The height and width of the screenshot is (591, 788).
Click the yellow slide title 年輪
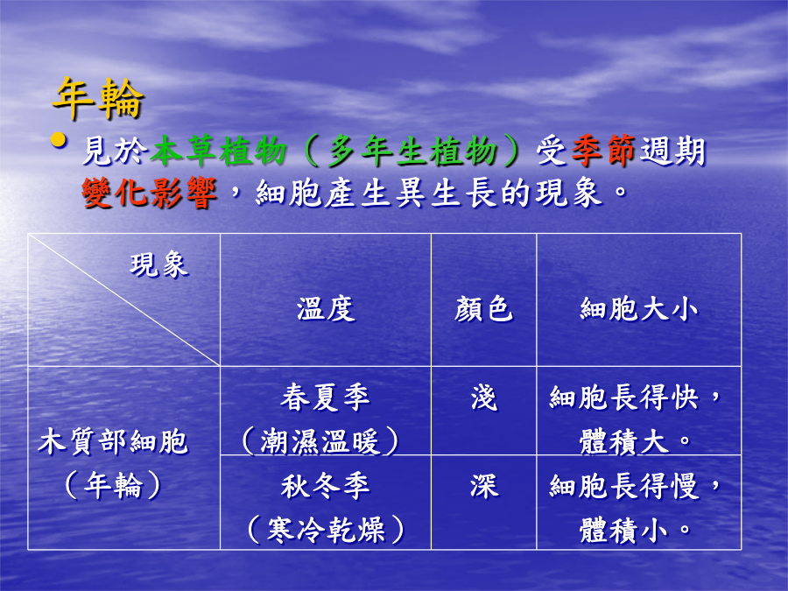(x=98, y=98)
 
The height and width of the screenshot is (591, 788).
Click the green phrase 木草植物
(x=218, y=151)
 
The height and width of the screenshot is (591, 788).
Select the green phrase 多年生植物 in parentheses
(x=412, y=151)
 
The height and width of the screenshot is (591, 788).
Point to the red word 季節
(x=603, y=151)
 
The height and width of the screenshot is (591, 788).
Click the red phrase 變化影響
(x=149, y=193)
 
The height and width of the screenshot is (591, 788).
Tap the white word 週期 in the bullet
(x=672, y=151)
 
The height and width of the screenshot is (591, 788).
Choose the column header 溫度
(x=326, y=309)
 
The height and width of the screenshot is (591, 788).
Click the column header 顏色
(x=483, y=309)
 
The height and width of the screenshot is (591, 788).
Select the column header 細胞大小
(x=639, y=309)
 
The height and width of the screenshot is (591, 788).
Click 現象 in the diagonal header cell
(x=159, y=265)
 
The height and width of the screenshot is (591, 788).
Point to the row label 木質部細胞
(x=113, y=442)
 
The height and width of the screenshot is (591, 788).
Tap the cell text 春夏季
(x=325, y=398)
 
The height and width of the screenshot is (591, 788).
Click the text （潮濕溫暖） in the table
(x=320, y=442)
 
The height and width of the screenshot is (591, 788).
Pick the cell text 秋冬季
(x=325, y=486)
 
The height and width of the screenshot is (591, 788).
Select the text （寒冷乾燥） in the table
(x=326, y=530)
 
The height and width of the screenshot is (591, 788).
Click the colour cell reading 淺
(x=483, y=398)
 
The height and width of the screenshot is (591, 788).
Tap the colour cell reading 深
(x=484, y=486)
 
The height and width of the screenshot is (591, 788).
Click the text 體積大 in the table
(x=623, y=442)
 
